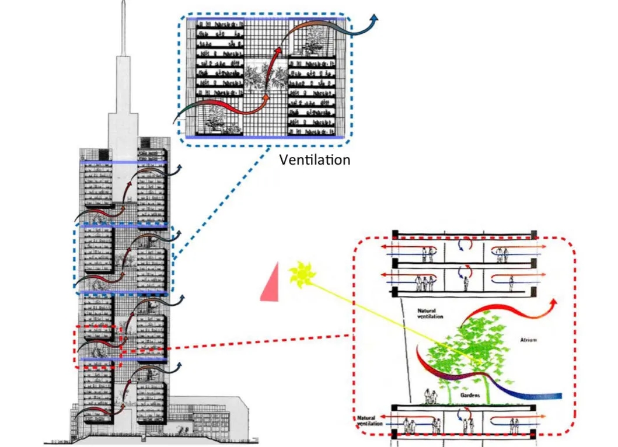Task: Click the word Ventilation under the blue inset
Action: (315, 159)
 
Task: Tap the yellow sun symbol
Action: (302, 274)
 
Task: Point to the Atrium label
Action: (529, 338)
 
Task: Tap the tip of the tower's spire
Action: (124, 4)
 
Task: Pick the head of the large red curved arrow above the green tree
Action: (551, 303)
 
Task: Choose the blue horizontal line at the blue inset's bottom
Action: (268, 137)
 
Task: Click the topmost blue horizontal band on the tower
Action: (124, 162)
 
